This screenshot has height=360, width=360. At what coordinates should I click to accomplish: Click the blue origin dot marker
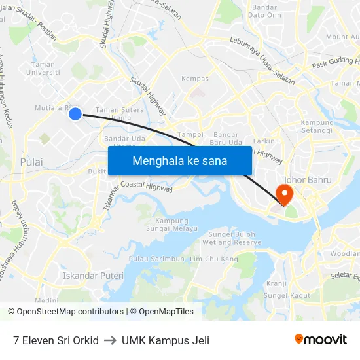pos(75,114)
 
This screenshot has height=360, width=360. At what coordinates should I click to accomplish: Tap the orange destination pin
pos(285,194)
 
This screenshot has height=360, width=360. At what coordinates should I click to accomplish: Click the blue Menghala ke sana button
pos(179,160)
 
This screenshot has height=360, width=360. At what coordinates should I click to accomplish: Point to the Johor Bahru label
pos(308,180)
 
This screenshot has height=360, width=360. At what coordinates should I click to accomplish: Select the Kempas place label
pos(194,79)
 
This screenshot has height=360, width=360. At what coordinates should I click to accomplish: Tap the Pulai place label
pos(31,162)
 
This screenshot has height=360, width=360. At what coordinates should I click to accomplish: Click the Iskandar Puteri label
pos(93,276)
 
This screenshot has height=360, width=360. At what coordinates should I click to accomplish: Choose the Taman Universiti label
pos(43,68)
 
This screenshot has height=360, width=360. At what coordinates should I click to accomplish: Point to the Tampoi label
pos(190,134)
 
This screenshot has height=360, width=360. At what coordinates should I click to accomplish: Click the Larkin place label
pos(264,141)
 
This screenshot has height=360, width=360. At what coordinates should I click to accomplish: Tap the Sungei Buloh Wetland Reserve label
pos(234,238)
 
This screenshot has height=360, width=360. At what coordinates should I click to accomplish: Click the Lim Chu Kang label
pos(213,259)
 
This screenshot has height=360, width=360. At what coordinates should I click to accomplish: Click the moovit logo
pos(320,339)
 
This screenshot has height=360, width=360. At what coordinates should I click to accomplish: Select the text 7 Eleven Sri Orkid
pos(56,340)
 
